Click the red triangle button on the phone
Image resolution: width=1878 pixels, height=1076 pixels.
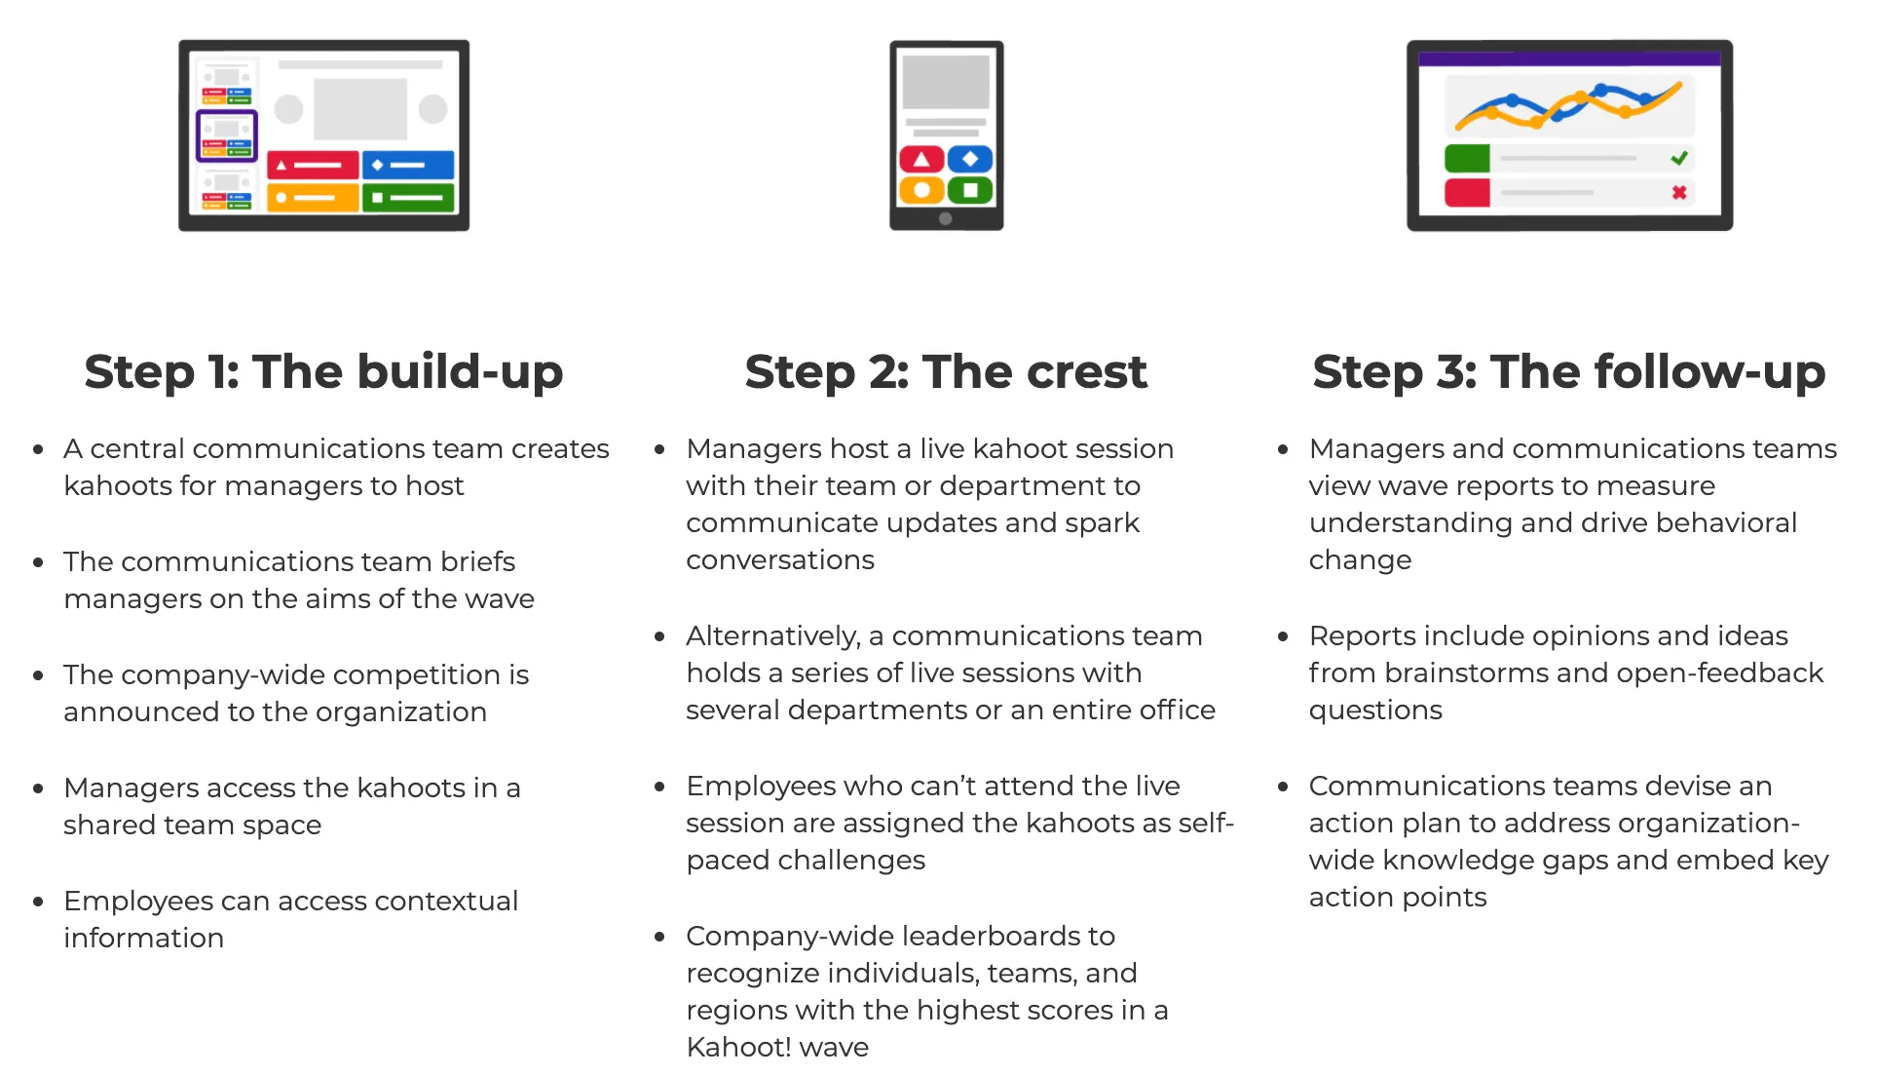[x=921, y=159]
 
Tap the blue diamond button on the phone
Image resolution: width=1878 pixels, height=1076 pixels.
[x=970, y=159]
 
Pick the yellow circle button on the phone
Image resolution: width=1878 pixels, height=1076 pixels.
[x=921, y=190]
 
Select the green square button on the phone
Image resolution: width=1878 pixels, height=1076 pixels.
[x=970, y=190]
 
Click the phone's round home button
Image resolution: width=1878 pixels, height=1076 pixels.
[x=946, y=218]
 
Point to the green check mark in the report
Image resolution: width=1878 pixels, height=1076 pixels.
[x=1679, y=158]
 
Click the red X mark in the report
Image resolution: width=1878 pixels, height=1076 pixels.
[x=1679, y=192]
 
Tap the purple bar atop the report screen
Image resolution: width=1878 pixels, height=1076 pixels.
[x=1569, y=58]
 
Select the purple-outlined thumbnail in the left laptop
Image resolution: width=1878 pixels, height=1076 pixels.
[x=227, y=135]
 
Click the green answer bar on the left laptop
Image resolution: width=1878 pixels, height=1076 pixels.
[x=408, y=197]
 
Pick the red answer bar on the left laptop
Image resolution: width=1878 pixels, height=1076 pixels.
[x=313, y=165]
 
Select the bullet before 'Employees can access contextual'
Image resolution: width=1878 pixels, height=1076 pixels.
[x=38, y=902]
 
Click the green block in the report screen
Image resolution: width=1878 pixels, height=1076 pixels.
[x=1467, y=158]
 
